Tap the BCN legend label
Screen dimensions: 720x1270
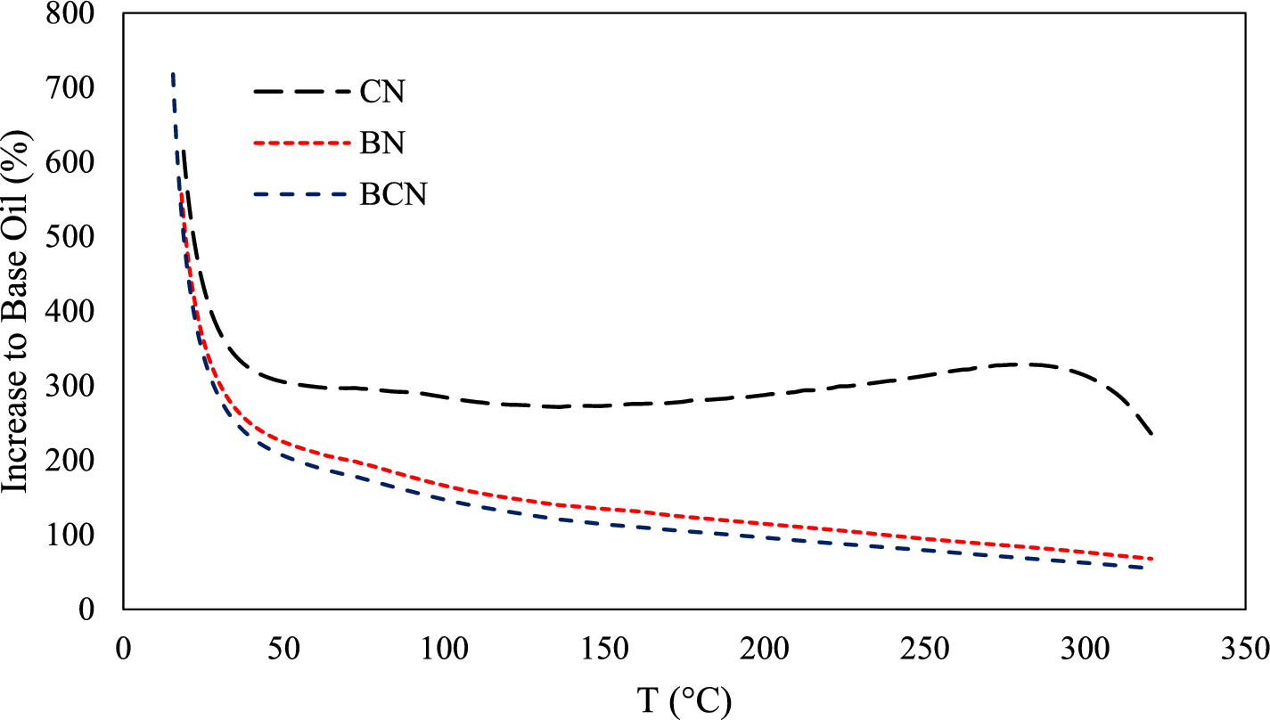(x=393, y=194)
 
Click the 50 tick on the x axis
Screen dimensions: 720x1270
(x=284, y=644)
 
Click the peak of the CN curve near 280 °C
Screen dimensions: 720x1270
(x=1029, y=364)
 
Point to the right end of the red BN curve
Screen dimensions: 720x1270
(x=1152, y=559)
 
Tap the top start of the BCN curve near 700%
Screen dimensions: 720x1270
(x=172, y=75)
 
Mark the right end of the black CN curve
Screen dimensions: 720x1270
(x=1152, y=434)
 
